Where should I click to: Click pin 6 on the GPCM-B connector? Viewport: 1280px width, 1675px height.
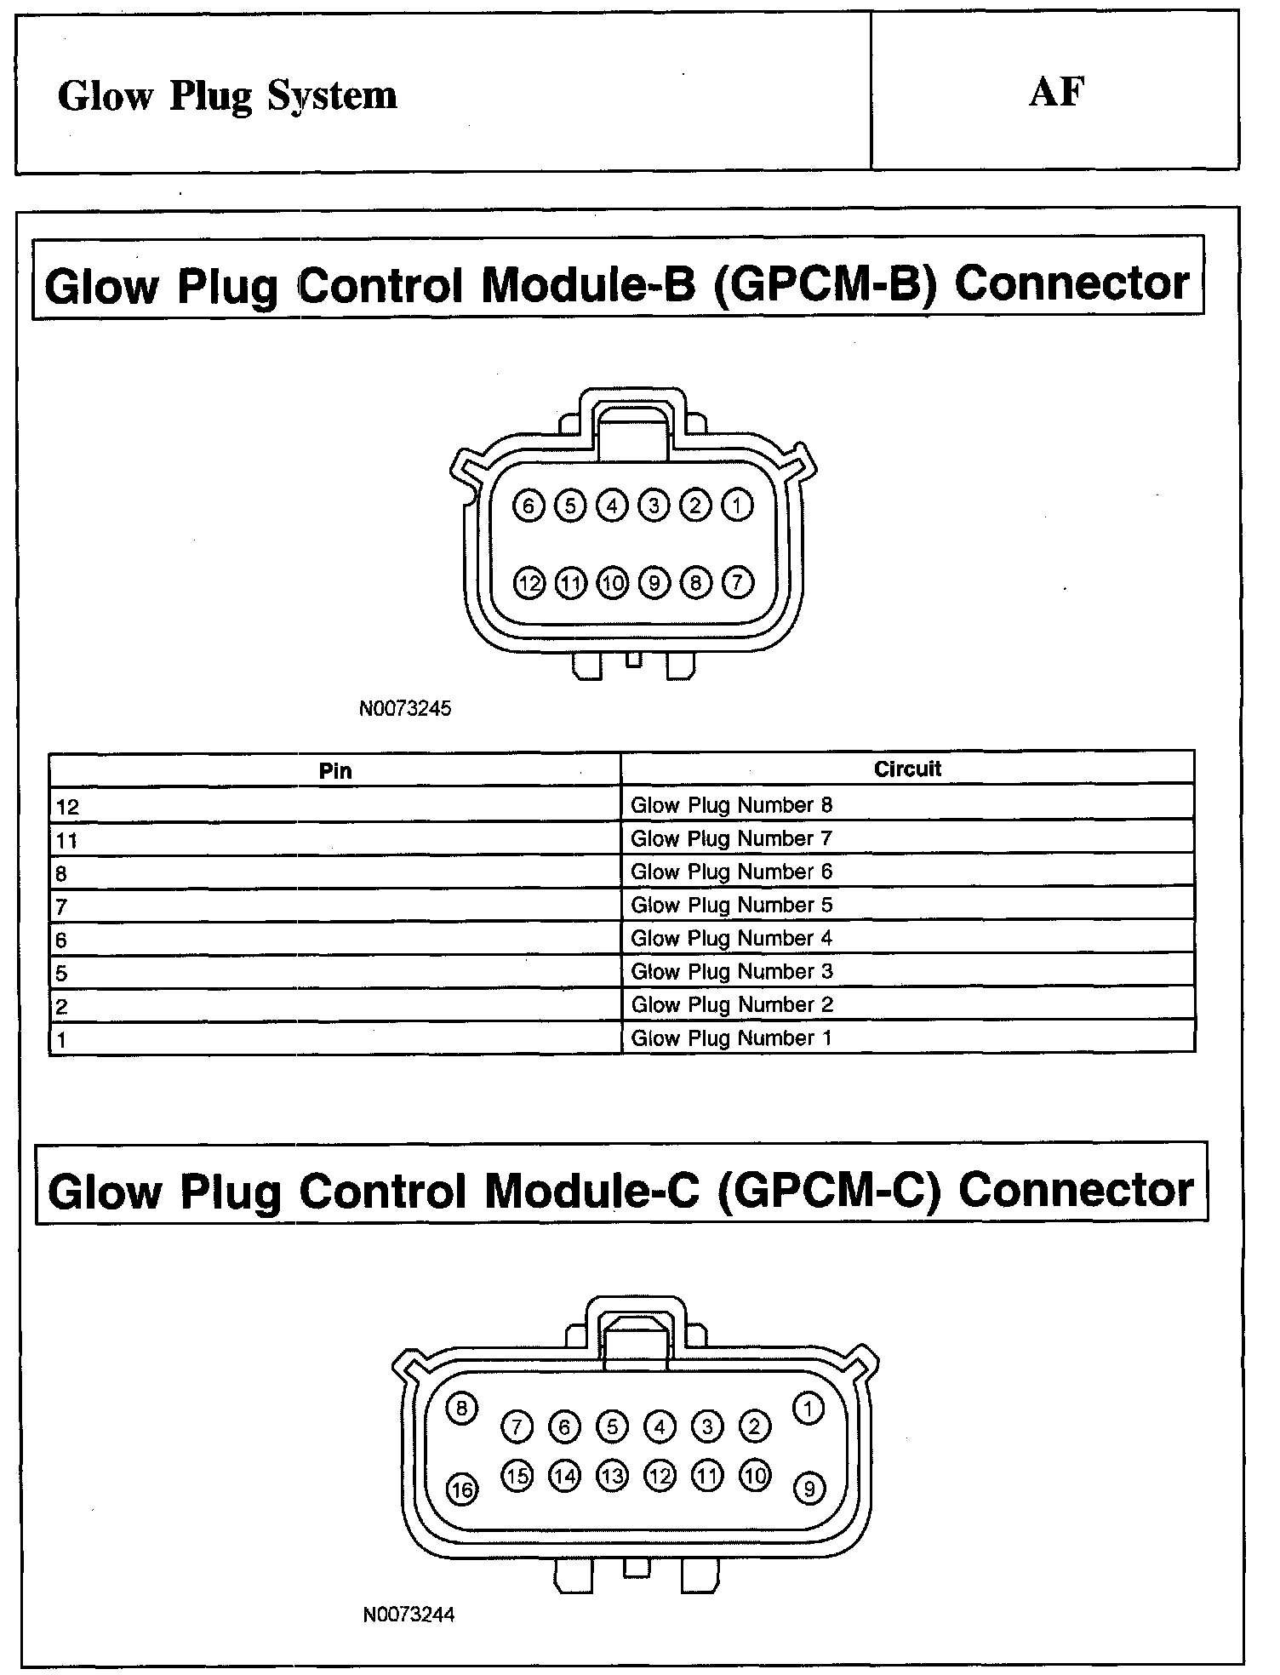point(529,506)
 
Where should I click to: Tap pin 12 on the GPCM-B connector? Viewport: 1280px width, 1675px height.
point(529,584)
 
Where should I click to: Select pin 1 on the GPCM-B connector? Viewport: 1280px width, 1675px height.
point(737,506)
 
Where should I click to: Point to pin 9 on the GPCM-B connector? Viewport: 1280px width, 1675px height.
point(654,584)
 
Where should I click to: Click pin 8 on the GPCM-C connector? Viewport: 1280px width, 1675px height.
point(462,1408)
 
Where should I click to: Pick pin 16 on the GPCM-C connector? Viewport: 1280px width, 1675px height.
point(462,1489)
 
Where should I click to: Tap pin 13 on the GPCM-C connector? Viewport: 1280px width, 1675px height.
point(612,1476)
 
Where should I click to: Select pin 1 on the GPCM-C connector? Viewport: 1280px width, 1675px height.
point(808,1409)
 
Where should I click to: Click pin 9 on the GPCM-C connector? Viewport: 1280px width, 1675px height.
point(809,1489)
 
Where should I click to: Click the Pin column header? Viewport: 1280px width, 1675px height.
point(335,771)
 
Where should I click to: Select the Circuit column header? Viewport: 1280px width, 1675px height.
point(907,769)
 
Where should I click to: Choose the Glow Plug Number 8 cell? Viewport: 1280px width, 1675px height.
point(731,805)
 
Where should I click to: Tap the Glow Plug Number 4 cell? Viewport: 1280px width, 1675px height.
point(731,938)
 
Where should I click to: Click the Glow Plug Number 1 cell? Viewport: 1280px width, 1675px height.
point(730,1038)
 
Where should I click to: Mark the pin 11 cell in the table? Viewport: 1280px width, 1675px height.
point(66,841)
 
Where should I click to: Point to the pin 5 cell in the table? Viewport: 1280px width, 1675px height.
point(61,974)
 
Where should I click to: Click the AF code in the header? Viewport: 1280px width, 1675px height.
point(1056,92)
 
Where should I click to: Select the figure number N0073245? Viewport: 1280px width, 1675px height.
point(405,708)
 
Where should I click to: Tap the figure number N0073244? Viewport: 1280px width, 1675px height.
point(409,1615)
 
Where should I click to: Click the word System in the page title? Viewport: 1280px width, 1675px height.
point(332,96)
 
